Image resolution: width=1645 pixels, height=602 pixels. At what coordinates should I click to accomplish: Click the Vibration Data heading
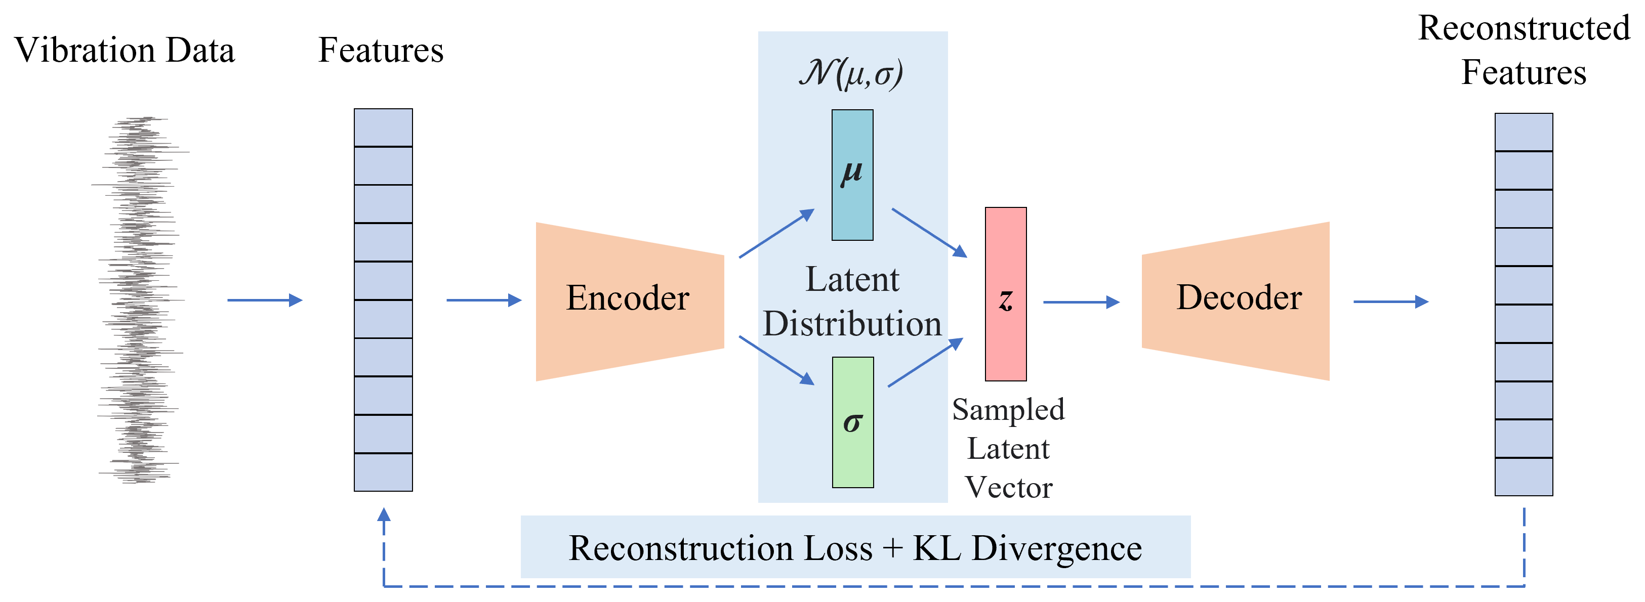125,51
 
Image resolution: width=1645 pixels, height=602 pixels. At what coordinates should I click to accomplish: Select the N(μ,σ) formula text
851,73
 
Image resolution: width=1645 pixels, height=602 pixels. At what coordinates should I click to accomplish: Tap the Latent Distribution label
852,302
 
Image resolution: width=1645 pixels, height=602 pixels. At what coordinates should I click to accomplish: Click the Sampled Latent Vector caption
1008,448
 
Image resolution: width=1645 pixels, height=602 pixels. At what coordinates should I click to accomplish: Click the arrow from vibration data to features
264,300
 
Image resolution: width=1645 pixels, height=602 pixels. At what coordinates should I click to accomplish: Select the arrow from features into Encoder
483,300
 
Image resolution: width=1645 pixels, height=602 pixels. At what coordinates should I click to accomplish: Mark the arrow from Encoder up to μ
776,233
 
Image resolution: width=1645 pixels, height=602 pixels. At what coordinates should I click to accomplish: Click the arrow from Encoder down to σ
776,361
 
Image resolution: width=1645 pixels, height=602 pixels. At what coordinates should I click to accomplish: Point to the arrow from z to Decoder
1081,302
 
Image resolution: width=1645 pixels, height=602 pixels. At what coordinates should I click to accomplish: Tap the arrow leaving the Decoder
1390,302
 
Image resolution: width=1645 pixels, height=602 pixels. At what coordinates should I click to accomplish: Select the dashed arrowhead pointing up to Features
384,516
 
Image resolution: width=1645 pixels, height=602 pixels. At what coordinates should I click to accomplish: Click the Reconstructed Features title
1524,50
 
